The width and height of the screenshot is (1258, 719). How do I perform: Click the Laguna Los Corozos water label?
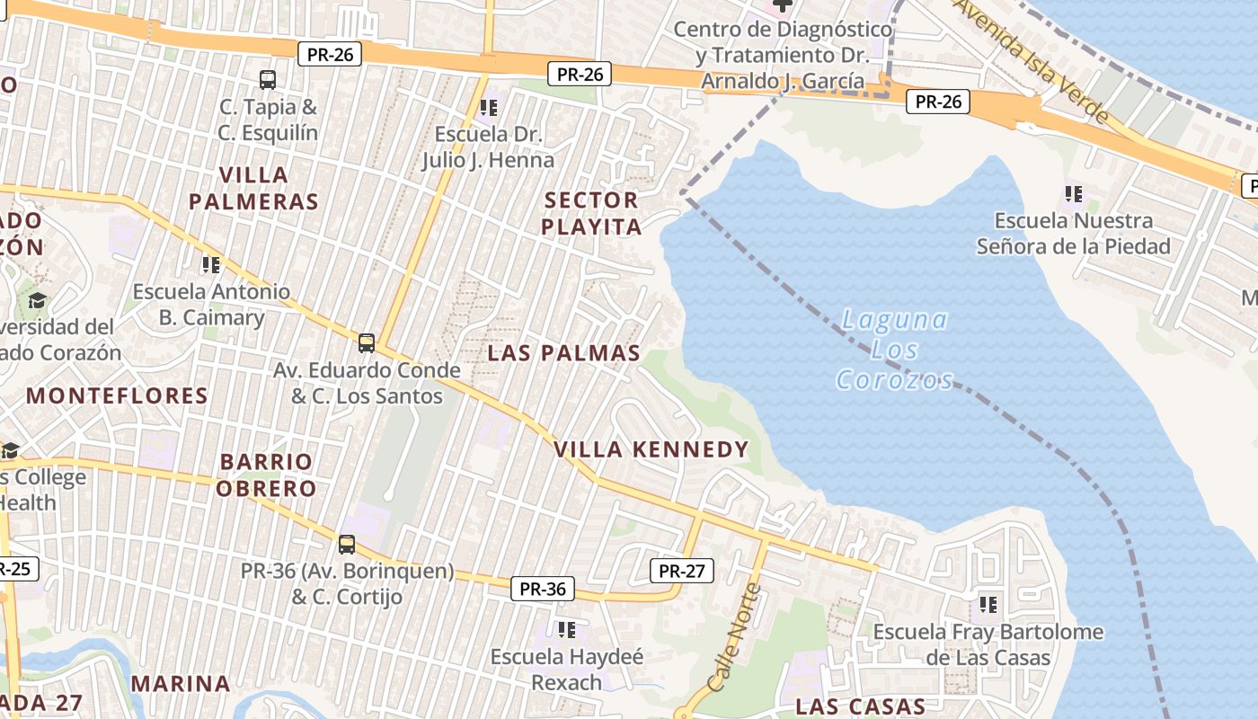click(x=893, y=349)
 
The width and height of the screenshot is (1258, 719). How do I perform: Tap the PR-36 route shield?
click(x=543, y=590)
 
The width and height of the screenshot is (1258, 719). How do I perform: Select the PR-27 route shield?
click(x=681, y=571)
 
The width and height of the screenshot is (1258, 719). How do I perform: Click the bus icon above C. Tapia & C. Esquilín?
click(x=268, y=80)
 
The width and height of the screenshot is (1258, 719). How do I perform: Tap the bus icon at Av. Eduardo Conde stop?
click(x=366, y=342)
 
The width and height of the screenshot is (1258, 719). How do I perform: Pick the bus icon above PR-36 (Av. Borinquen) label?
click(x=347, y=544)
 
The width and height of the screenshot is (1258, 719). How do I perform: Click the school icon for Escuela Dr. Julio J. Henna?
click(x=488, y=109)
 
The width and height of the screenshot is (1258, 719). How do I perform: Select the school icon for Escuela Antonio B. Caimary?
click(x=211, y=265)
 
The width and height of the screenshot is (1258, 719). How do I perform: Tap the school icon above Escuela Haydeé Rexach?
click(x=566, y=630)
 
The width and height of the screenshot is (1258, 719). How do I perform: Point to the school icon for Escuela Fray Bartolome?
click(x=988, y=605)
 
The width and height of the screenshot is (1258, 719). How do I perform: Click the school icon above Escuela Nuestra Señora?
click(x=1073, y=193)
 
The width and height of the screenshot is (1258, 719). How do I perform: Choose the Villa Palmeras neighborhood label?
click(x=253, y=188)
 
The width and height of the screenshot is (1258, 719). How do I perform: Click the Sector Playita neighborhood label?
click(x=591, y=213)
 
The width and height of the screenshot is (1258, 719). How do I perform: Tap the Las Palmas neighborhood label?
click(x=563, y=353)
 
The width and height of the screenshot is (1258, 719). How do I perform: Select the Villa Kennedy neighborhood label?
click(x=651, y=449)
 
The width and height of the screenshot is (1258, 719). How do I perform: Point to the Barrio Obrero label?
click(x=268, y=475)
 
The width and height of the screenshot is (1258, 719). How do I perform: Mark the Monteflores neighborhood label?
click(x=117, y=395)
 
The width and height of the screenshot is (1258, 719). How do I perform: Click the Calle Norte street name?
click(x=734, y=637)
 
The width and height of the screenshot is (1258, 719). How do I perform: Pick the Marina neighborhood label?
click(x=181, y=683)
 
